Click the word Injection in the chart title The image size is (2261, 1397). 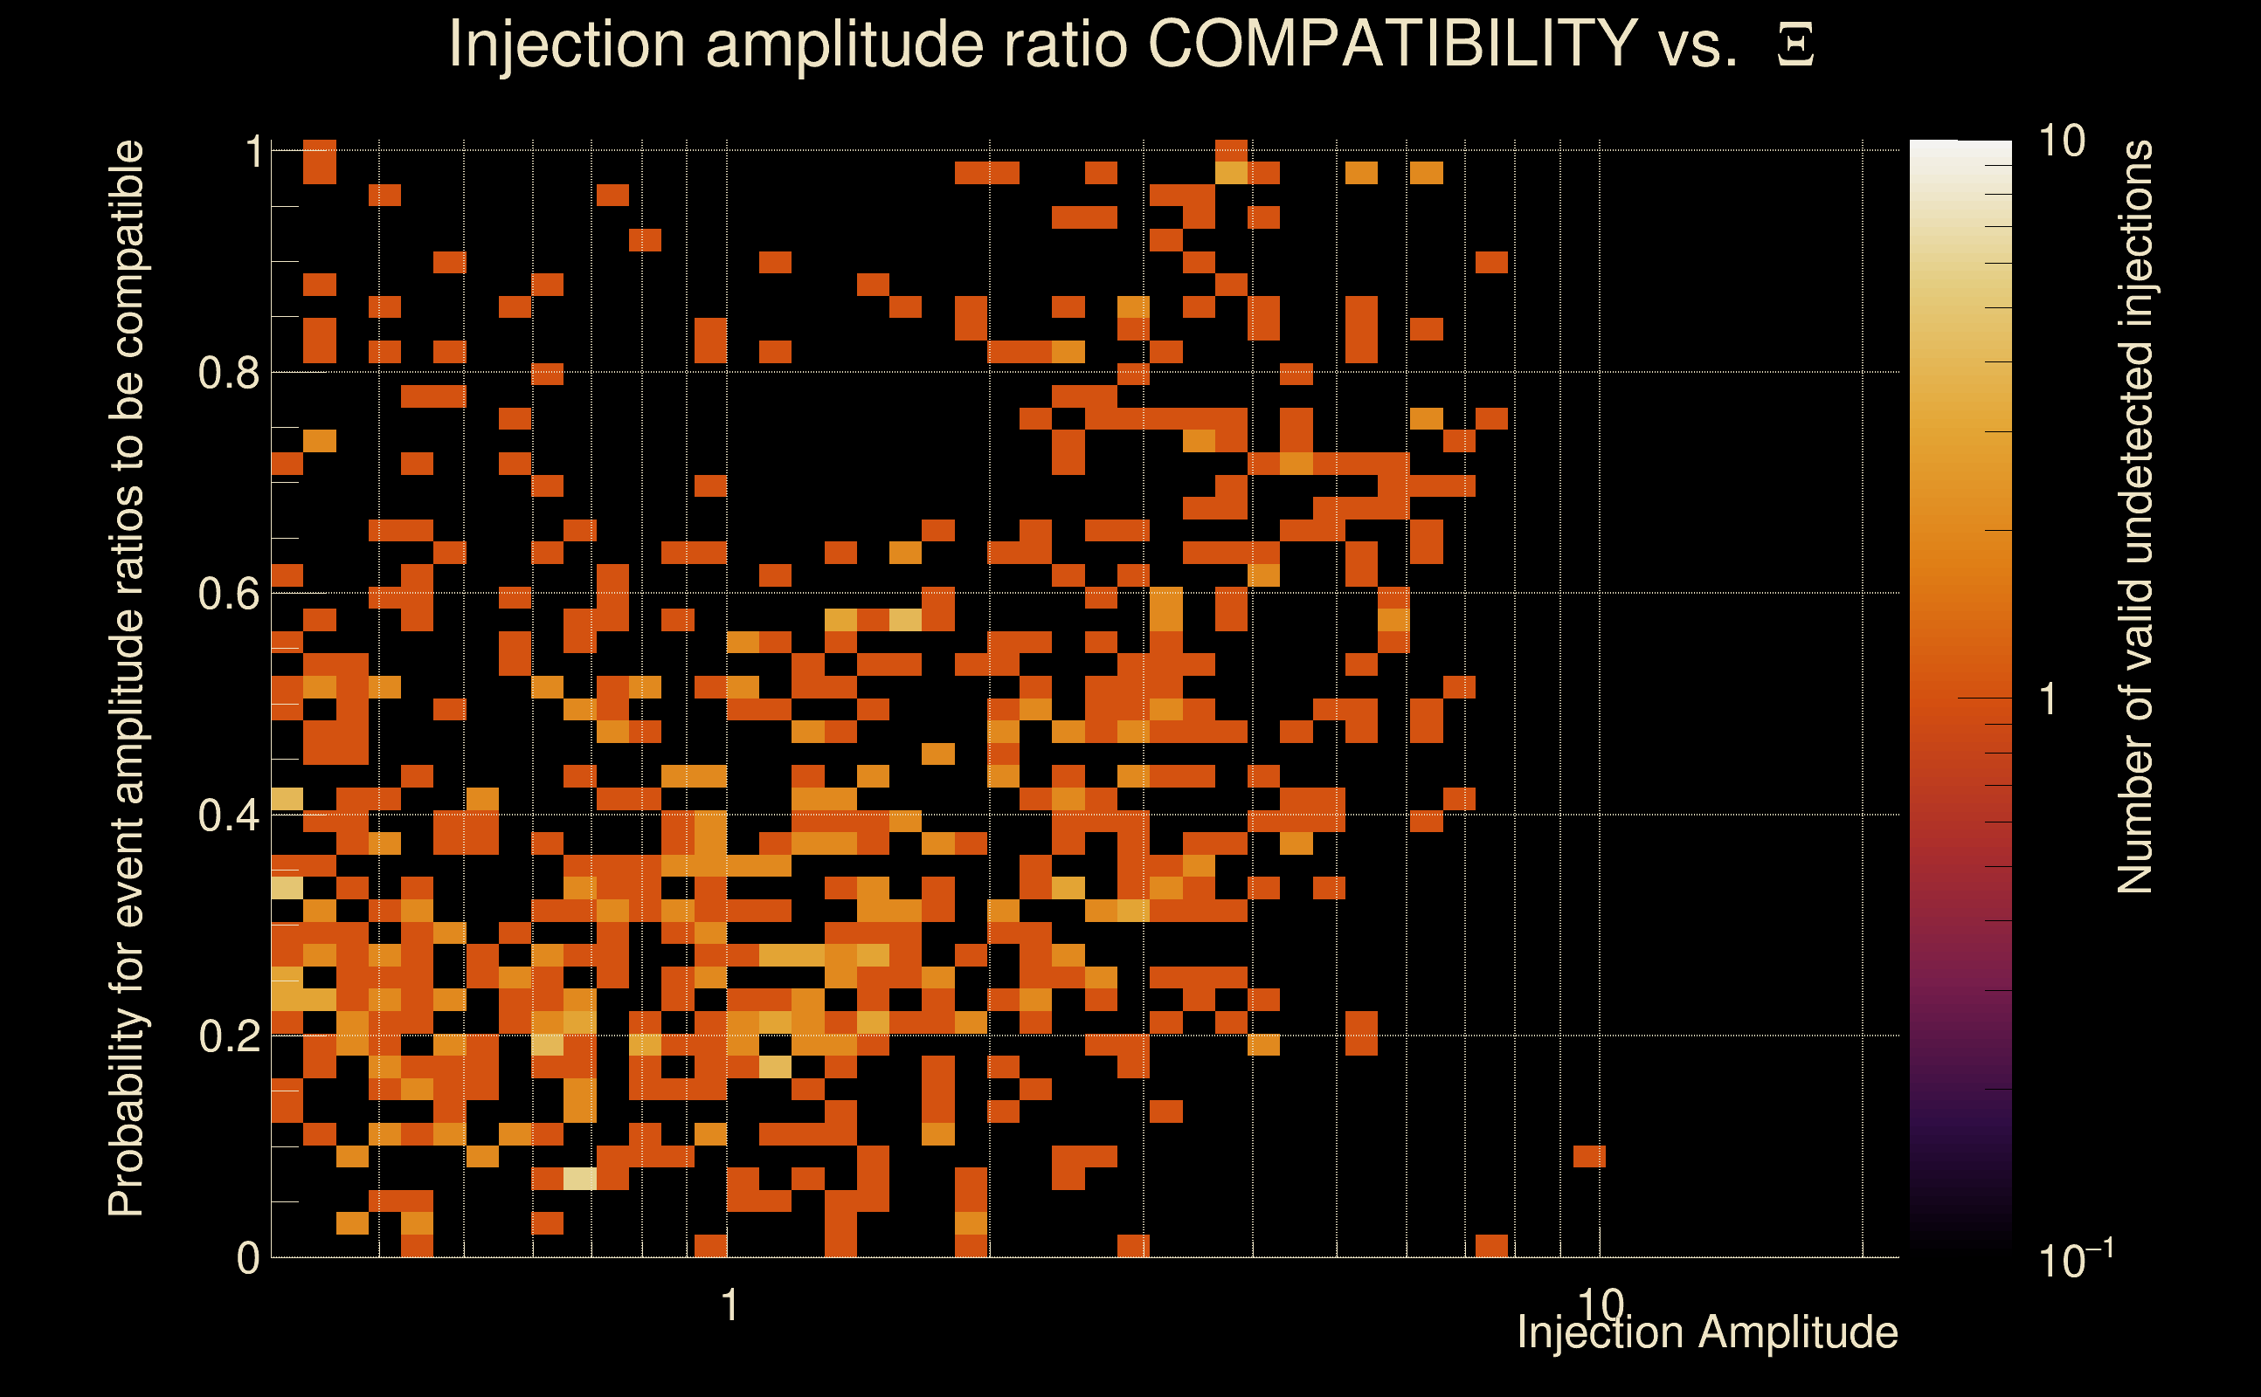point(566,44)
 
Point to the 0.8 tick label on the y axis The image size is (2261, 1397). point(229,374)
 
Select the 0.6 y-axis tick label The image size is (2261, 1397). point(229,594)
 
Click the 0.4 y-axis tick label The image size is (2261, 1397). point(229,815)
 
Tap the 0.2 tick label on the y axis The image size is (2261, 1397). point(229,1036)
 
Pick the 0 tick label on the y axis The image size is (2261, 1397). point(248,1258)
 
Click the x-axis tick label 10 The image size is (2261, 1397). point(1599,1304)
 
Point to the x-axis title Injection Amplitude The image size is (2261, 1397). point(1707,1332)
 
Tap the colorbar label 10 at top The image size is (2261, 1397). point(2061,142)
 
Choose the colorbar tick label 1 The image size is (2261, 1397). point(2049,699)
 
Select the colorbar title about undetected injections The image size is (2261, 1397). point(2135,518)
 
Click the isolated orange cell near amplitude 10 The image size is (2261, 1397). point(1589,1156)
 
